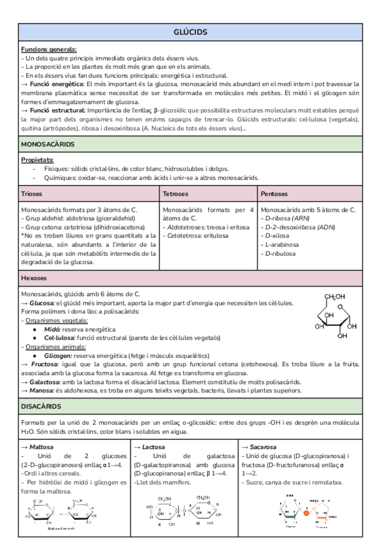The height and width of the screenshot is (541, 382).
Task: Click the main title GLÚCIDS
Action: click(190, 32)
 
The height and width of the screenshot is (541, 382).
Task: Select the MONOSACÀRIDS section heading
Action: click(48, 145)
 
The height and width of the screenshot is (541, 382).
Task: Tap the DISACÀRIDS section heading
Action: click(41, 406)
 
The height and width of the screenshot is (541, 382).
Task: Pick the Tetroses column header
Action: click(176, 193)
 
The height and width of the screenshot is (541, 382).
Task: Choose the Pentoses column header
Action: click(274, 193)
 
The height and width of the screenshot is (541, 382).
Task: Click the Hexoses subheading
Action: click(34, 278)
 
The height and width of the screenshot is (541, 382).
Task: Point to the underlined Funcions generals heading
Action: click(49, 48)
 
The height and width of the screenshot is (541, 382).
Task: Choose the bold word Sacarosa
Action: click(263, 447)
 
